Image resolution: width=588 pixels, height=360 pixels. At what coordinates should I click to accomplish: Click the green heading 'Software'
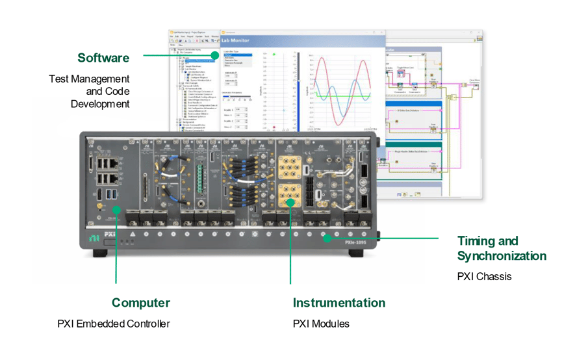pos(103,58)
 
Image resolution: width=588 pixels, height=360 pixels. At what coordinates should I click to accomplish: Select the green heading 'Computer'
pos(140,302)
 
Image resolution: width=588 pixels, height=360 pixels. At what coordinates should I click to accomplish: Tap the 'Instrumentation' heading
pos(339,302)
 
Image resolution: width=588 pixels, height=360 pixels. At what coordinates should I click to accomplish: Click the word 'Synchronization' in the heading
pos(501,255)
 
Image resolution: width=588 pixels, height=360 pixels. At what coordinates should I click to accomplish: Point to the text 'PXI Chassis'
pos(484,277)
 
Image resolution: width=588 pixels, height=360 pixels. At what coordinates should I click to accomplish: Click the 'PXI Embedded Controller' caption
pos(113,324)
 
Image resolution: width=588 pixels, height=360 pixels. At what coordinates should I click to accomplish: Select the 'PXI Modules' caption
pos(321,324)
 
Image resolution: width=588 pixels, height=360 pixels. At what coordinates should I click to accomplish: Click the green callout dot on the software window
pos(215,56)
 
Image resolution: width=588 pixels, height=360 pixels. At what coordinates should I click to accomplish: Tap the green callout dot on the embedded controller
pos(117,209)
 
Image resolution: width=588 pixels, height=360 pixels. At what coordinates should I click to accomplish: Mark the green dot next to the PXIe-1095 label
pos(327,238)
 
